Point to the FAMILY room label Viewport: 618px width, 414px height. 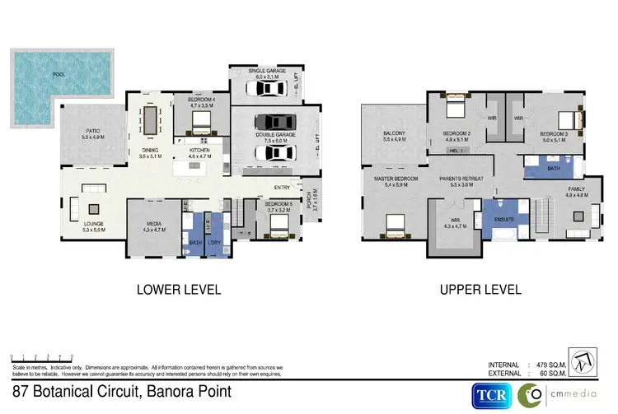click(576, 192)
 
